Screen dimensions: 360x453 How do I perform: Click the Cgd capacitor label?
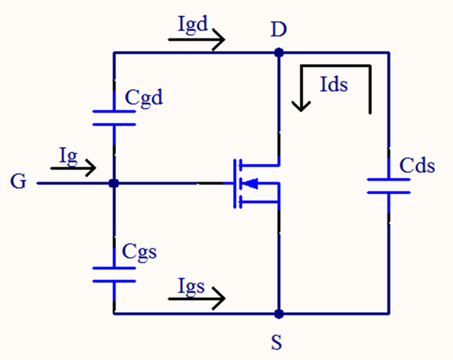click(x=144, y=98)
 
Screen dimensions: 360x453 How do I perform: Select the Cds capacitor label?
click(x=417, y=166)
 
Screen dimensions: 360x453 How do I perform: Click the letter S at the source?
click(x=278, y=343)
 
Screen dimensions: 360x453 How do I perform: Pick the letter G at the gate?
click(x=19, y=182)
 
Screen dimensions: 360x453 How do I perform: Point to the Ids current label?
click(x=333, y=84)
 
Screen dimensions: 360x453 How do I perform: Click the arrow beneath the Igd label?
click(x=198, y=40)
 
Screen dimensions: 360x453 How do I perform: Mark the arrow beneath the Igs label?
click(x=198, y=299)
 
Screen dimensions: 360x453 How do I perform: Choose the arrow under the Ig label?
click(x=73, y=167)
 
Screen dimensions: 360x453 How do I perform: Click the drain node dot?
click(x=279, y=52)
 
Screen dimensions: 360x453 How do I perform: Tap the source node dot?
click(x=279, y=313)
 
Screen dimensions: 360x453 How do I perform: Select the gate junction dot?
click(x=114, y=183)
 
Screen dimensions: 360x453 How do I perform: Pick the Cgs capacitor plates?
click(x=114, y=273)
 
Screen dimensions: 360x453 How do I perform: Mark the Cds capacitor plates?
click(x=389, y=185)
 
